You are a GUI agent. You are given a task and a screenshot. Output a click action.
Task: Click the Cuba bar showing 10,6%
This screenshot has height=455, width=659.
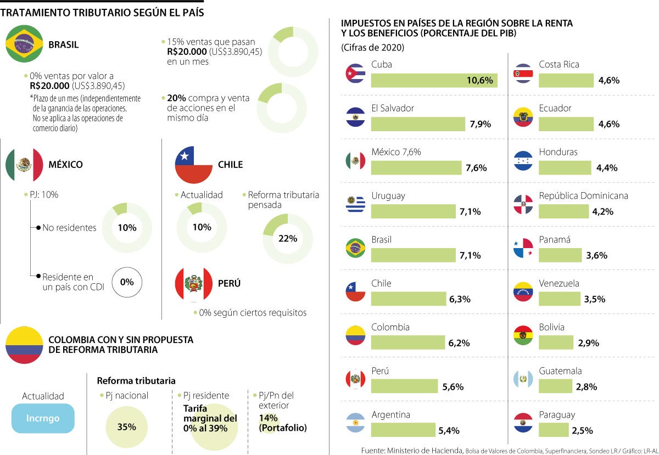click(434, 81)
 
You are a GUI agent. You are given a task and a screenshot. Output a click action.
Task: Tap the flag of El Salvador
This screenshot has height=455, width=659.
click(355, 117)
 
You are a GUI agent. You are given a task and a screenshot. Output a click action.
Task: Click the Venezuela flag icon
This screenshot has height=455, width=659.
click(523, 291)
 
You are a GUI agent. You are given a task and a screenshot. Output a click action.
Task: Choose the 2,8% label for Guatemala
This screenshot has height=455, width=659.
click(587, 387)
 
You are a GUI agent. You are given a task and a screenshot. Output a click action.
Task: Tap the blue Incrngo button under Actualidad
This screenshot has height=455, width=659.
click(43, 418)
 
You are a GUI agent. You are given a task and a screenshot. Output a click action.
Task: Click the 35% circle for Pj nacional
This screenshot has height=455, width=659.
click(126, 427)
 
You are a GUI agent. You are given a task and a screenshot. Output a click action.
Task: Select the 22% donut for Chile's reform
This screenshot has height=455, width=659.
click(288, 238)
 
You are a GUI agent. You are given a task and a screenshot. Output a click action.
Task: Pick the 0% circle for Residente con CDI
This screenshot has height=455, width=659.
click(127, 282)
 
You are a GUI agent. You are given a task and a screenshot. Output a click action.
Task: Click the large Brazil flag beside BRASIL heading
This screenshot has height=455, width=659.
click(25, 44)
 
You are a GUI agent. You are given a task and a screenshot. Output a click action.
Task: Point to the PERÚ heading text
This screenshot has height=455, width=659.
click(229, 284)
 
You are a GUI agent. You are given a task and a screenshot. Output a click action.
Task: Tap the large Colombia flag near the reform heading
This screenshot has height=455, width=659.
click(24, 344)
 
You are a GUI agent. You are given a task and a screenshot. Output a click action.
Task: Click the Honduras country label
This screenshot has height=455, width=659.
click(558, 152)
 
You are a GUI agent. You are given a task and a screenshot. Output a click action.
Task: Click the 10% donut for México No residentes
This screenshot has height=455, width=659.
click(127, 227)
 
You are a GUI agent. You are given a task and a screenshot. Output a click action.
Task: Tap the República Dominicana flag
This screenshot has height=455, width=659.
click(523, 204)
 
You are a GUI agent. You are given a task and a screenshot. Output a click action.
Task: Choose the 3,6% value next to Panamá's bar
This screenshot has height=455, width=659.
click(596, 255)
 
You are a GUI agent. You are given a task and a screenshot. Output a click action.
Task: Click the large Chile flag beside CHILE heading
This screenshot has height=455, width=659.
click(193, 165)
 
